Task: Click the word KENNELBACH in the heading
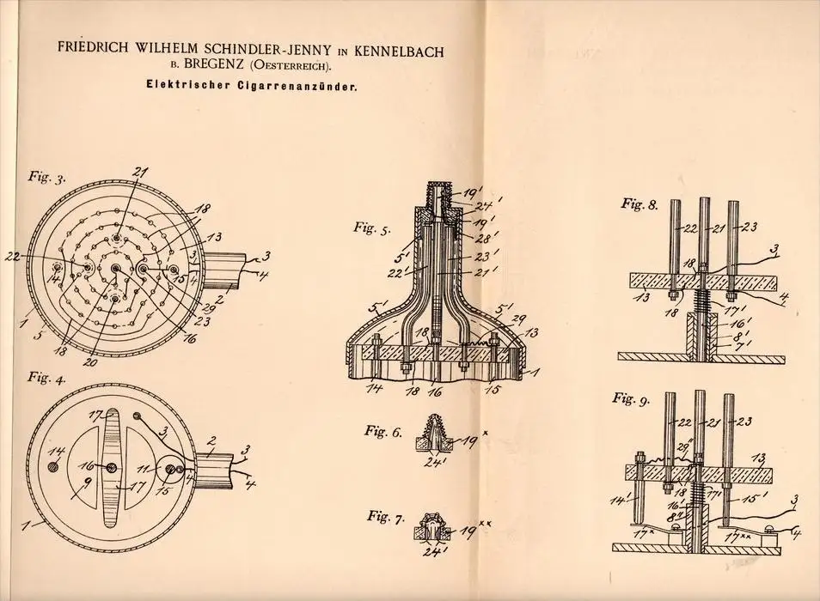[x=399, y=52]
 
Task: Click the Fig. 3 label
[x=47, y=177]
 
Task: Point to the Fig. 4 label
[x=47, y=378]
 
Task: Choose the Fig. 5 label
[x=372, y=228]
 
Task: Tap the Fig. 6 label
[x=383, y=432]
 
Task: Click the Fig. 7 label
[x=386, y=517]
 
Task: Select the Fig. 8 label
[x=639, y=203]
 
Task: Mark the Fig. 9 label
[x=631, y=399]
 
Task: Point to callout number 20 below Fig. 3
[x=90, y=361]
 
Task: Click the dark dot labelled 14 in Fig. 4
[x=52, y=465]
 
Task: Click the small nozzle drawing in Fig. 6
[x=432, y=432]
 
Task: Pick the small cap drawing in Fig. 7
[x=432, y=525]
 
